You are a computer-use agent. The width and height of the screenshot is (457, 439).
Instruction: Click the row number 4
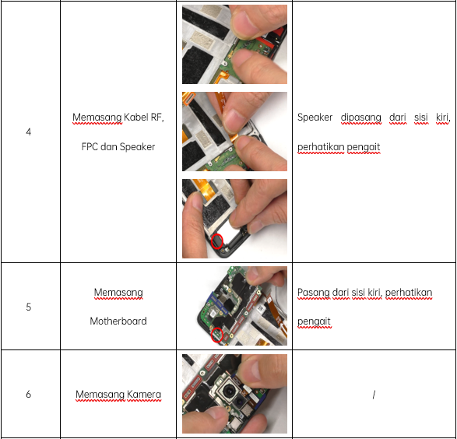(28, 132)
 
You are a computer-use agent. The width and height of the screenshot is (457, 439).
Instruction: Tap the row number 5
(28, 307)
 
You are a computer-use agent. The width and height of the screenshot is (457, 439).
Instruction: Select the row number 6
(28, 394)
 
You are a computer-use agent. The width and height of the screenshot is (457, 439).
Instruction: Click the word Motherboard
(118, 321)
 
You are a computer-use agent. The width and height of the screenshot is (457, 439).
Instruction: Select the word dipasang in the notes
(360, 118)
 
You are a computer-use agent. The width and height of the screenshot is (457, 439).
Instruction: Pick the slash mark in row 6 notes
(374, 395)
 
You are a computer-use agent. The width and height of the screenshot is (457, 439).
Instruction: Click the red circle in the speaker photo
(217, 241)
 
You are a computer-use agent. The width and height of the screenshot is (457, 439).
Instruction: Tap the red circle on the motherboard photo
(217, 335)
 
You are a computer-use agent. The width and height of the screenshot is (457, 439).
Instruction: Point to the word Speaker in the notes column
(315, 118)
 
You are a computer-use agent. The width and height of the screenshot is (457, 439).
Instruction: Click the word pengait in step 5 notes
(314, 322)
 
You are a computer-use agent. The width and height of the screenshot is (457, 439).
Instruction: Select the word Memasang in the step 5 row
(118, 293)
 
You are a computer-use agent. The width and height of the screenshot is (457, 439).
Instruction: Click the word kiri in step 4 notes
(442, 118)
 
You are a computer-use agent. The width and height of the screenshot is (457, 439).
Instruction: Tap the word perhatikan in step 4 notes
(321, 147)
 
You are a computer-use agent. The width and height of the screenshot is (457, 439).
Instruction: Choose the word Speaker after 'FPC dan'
(137, 147)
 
